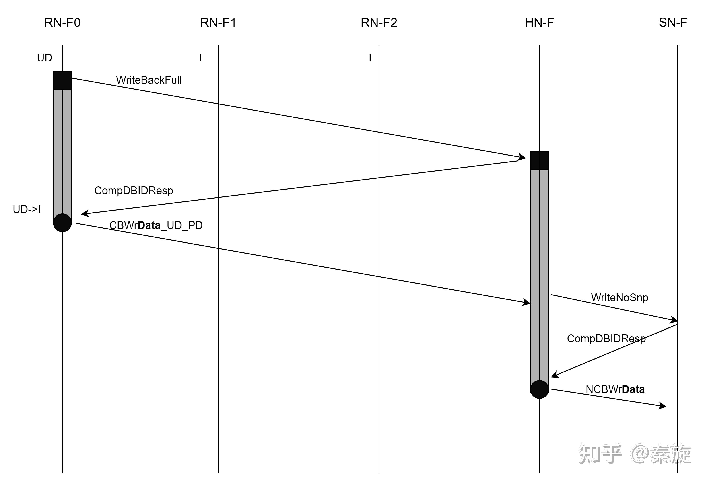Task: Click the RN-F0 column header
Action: pos(62,23)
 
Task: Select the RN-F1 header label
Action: pos(218,23)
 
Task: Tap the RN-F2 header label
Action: pos(379,23)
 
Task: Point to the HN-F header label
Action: pos(539,23)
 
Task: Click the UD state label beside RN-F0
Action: pos(45,58)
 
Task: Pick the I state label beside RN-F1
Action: pos(200,58)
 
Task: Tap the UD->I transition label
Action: pos(27,209)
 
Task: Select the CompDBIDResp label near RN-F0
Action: pos(134,190)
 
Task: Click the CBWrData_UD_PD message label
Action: pos(156,225)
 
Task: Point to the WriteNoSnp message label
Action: pos(619,297)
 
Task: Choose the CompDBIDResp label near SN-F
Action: pos(606,338)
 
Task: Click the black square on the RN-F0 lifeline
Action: pos(62,80)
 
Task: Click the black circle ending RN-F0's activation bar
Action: pos(62,223)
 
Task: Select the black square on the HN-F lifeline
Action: pos(539,161)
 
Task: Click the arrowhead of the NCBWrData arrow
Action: pos(663,406)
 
